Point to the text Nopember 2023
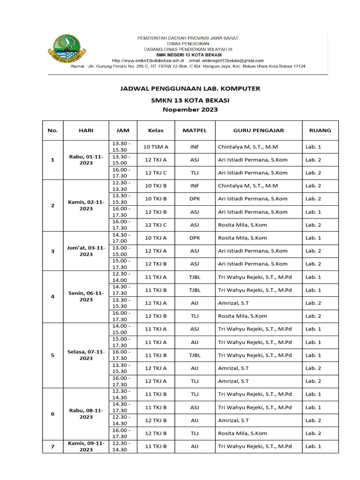[x=190, y=110]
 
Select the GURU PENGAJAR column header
[x=259, y=130]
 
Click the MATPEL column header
[x=195, y=130]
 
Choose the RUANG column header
[x=320, y=130]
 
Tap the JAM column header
[x=123, y=130]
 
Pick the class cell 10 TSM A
[x=156, y=147]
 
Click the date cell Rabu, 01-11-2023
[x=86, y=159]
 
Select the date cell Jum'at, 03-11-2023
[x=86, y=251]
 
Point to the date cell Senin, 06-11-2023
[x=86, y=296]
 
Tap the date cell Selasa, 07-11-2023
[x=86, y=355]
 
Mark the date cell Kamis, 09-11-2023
[x=86, y=446]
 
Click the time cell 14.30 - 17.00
[x=121, y=238]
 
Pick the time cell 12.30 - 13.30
[x=121, y=186]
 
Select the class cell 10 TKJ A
[x=156, y=238]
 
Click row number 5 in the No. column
[x=52, y=355]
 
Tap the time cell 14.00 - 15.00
[x=121, y=329]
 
